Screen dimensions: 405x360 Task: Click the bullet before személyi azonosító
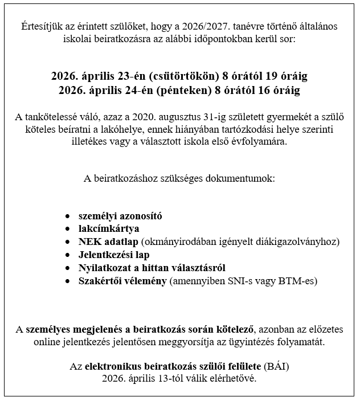[x=68, y=216]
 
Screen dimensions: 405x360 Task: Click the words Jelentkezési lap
[x=114, y=255]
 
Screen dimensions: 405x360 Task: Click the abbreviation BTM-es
[x=297, y=281]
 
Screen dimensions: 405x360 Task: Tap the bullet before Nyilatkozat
[x=68, y=268]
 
